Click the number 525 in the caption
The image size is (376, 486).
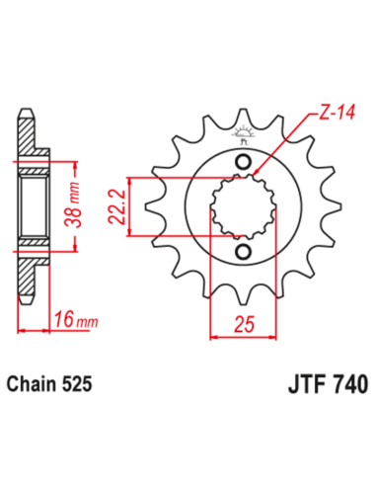pos(82,383)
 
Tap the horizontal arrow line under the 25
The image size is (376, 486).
pos(245,337)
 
